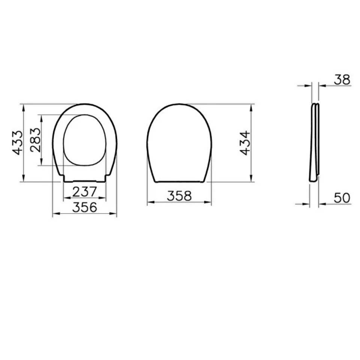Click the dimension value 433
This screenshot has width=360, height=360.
tap(17, 143)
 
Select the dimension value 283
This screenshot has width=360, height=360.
tap(35, 139)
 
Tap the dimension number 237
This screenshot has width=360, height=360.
tap(84, 192)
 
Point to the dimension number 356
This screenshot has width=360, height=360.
tap(84, 207)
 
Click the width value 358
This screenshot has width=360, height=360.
tap(179, 196)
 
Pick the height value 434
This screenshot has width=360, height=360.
tap(245, 143)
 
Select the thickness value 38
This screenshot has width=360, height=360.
tap(342, 79)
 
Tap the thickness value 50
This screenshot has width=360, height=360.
tap(342, 198)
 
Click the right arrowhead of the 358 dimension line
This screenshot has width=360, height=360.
tap(209, 202)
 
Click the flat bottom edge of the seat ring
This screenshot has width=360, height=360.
tap(84, 182)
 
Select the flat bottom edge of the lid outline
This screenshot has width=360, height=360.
tap(179, 182)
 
